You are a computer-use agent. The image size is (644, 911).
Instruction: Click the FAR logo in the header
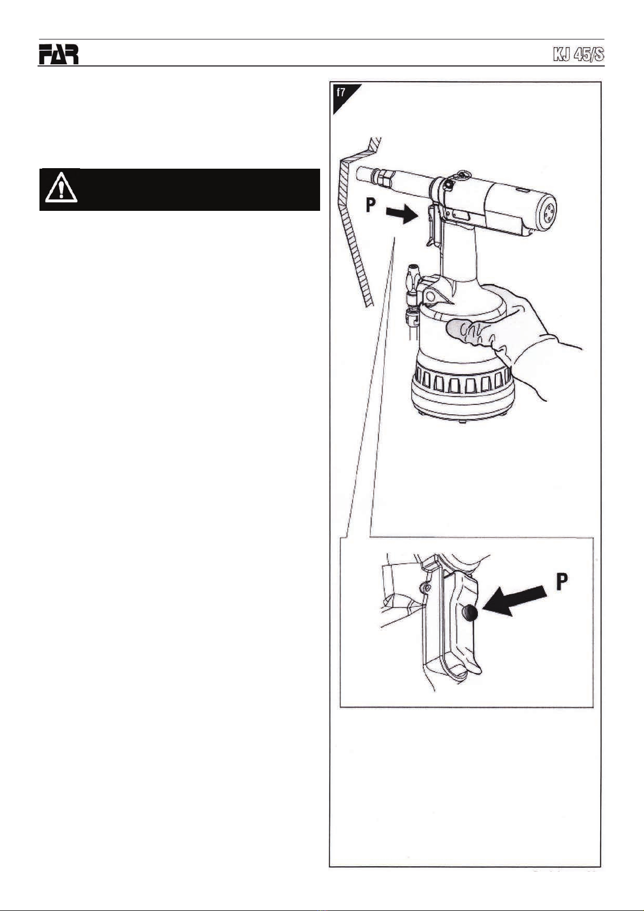coord(58,54)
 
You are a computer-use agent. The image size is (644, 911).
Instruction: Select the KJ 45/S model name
coord(579,55)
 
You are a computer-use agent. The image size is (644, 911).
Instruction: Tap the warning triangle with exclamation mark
coord(61,188)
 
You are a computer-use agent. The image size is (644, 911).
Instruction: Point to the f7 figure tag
coord(341,92)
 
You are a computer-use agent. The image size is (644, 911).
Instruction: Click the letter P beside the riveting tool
coord(370,204)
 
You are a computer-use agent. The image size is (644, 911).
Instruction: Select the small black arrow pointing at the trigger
coord(402,214)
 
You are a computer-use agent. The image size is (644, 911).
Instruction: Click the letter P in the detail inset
coord(561,582)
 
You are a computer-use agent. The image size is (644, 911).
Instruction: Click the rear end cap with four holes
coord(546,212)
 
